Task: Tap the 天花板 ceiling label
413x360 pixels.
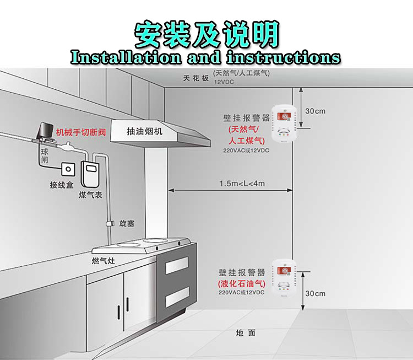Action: (196, 78)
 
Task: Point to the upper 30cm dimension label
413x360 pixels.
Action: (316, 111)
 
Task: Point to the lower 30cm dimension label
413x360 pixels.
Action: (316, 293)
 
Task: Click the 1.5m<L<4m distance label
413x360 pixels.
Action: (242, 184)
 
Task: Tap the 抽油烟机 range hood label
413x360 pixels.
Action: (145, 132)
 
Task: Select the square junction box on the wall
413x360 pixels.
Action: (68, 168)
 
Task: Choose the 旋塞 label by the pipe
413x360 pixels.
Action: (127, 223)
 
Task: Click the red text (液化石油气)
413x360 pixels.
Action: (242, 283)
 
